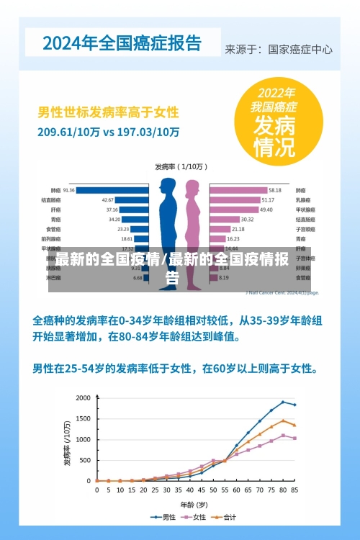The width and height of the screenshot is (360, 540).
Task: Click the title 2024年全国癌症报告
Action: click(122, 42)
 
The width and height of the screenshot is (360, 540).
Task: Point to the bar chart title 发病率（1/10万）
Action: click(179, 166)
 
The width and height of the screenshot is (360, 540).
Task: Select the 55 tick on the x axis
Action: click(225, 490)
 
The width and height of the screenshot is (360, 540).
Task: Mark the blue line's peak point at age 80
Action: click(283, 402)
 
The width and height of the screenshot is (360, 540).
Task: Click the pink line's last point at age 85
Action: click(294, 438)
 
